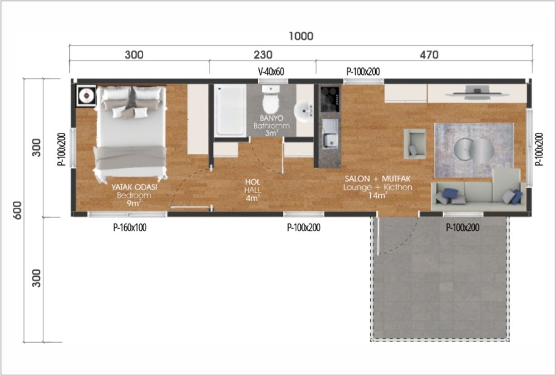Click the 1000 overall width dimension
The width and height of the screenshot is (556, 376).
point(301,36)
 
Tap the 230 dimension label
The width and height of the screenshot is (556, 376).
point(263,54)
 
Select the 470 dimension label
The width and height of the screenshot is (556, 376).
point(429,54)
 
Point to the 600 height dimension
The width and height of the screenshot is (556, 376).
point(17,210)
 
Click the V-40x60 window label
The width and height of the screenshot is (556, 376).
point(271,72)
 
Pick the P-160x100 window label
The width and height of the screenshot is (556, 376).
point(130,228)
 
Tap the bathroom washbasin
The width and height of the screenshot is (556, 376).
point(304,111)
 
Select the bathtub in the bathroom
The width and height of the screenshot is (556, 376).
point(230,110)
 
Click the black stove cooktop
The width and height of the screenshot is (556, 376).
point(330,98)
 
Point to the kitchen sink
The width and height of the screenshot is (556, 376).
point(330,133)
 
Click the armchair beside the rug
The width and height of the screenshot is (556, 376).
point(414,144)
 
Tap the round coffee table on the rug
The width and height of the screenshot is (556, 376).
point(474,151)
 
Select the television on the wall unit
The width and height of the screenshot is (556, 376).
point(477,92)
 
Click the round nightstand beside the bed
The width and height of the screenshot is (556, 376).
point(86,95)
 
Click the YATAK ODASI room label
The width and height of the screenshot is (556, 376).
point(135,187)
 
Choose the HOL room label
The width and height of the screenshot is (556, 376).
point(253,182)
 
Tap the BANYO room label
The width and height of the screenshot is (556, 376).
point(271,118)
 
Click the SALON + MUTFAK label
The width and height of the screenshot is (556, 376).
point(377,179)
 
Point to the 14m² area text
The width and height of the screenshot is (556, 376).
point(377,195)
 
